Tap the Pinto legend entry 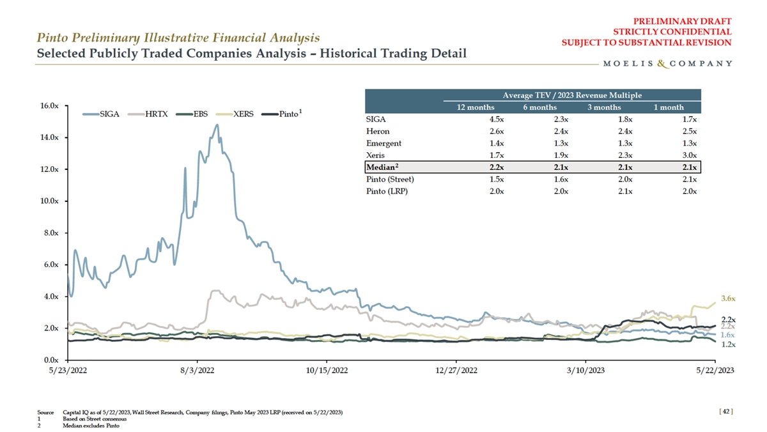coord(288,114)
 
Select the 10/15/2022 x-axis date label coord(327,370)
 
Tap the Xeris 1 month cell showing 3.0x coord(688,155)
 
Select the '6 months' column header coord(539,107)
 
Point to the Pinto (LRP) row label coord(387,191)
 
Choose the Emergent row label coord(383,143)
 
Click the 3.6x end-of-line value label coord(728,298)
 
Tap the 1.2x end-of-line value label coord(728,344)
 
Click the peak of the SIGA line coord(217,125)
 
